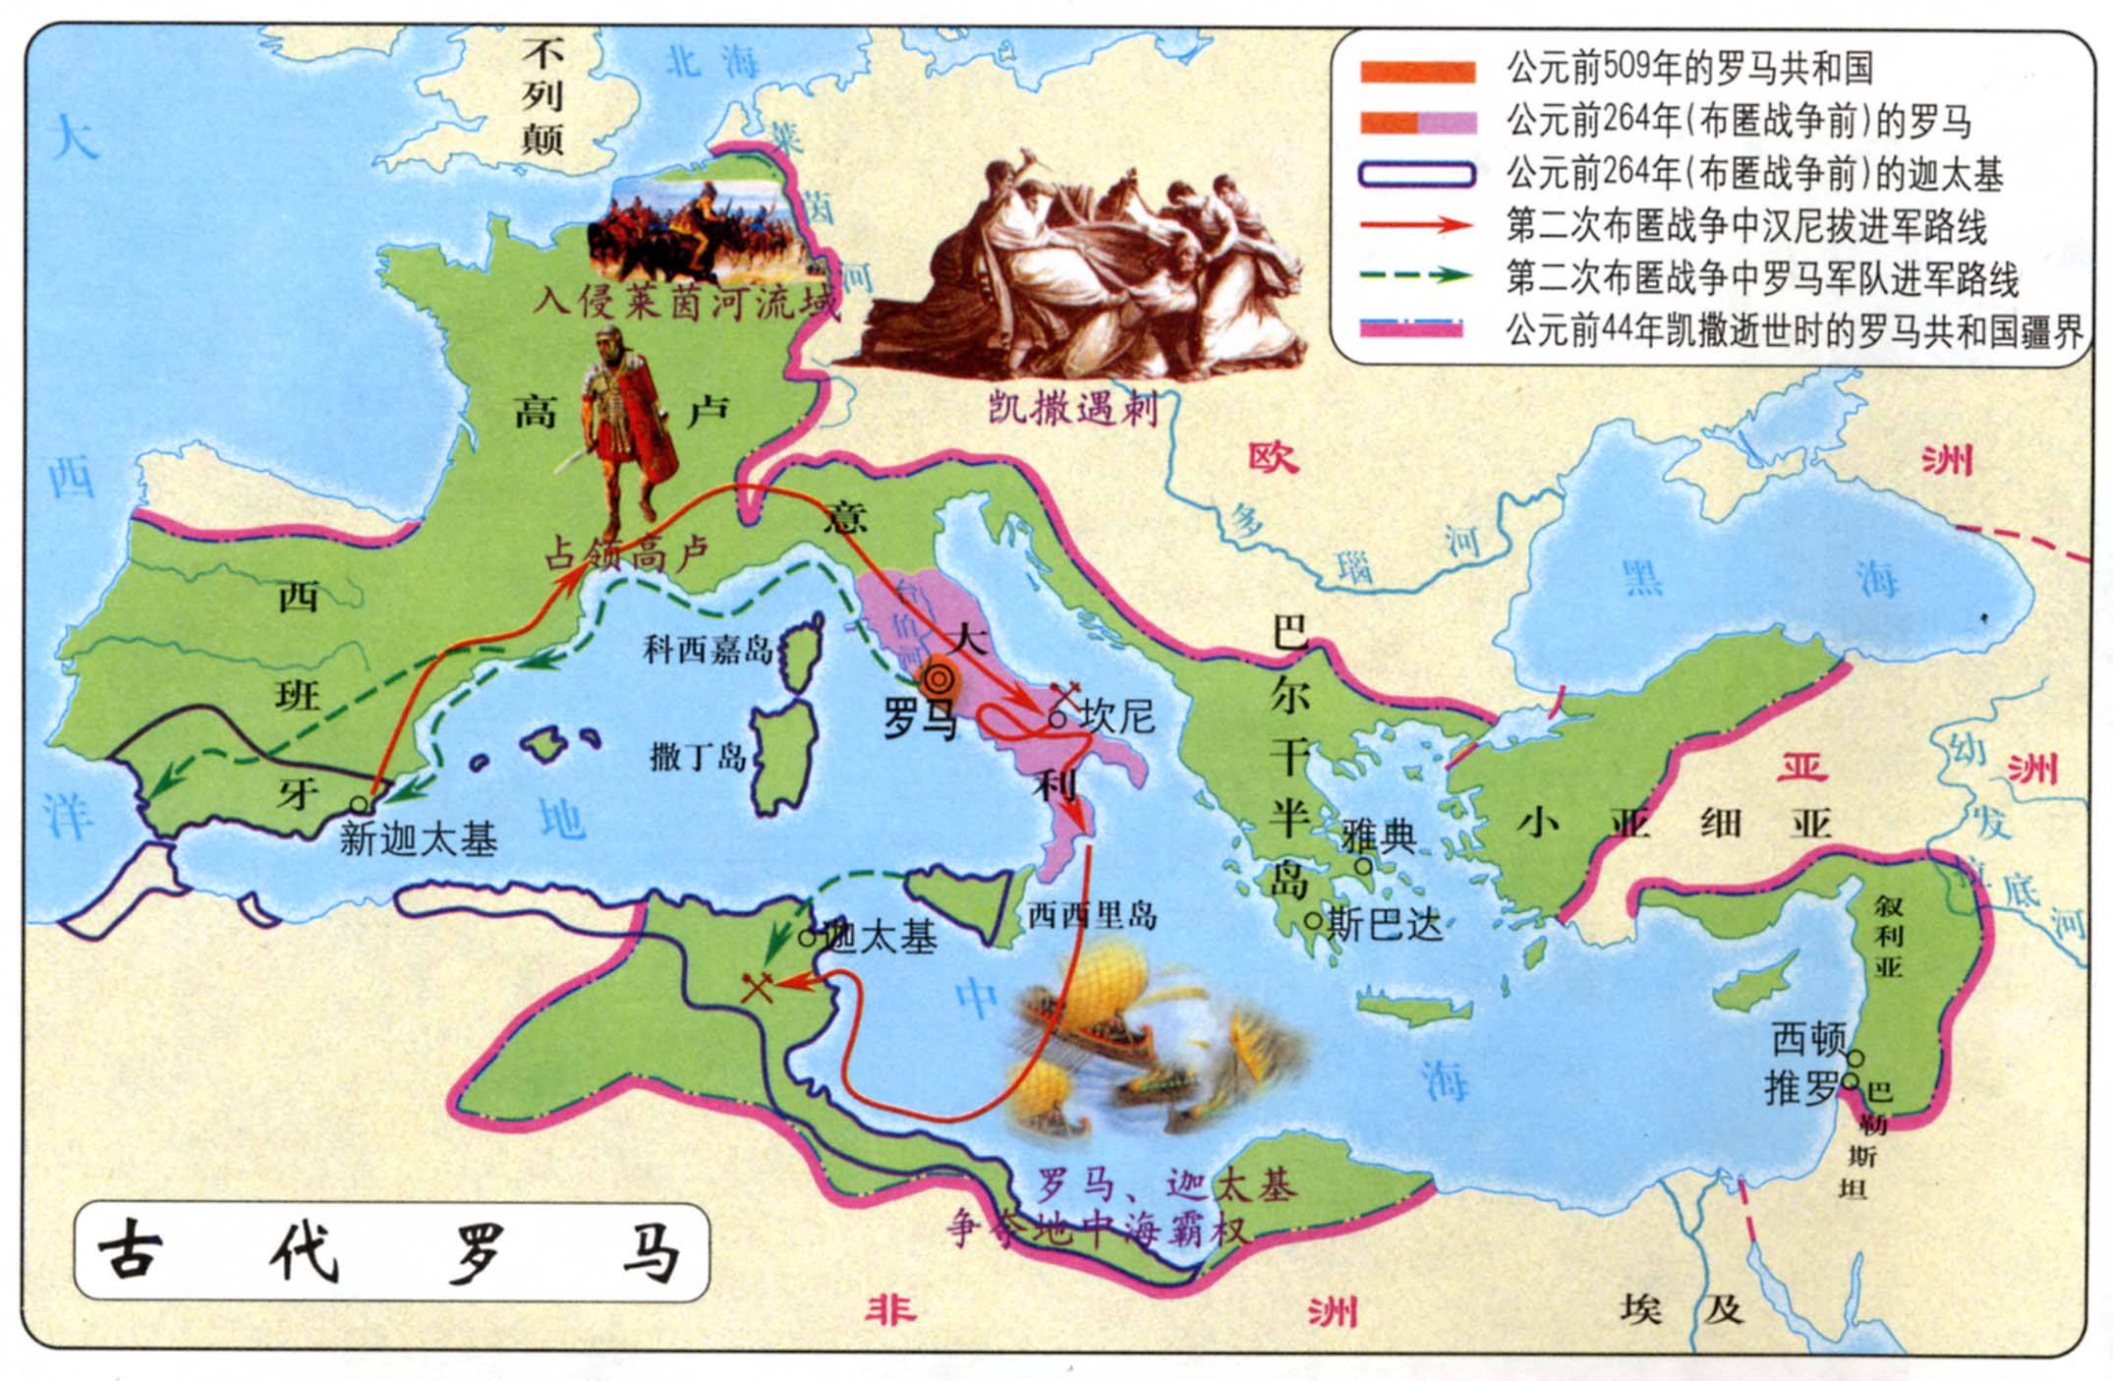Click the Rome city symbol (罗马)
[940, 678]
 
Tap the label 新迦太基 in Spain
[418, 839]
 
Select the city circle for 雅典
[1364, 866]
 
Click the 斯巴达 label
[1384, 924]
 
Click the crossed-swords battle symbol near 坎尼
[1065, 693]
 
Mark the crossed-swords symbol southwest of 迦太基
[757, 986]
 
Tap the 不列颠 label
[542, 95]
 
